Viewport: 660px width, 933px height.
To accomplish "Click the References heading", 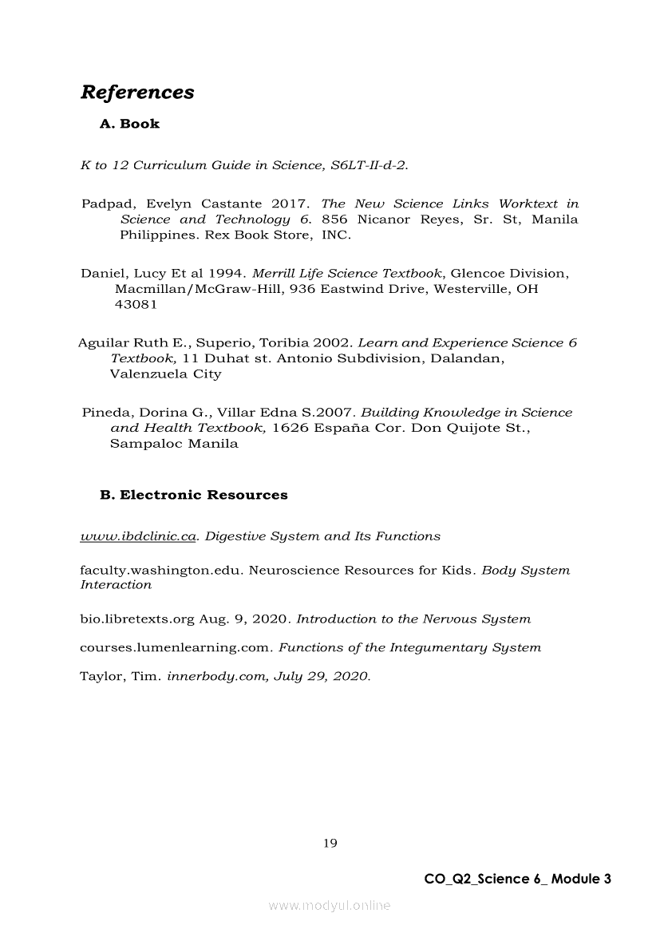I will [x=137, y=93].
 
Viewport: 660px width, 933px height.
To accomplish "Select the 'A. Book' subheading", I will [x=129, y=124].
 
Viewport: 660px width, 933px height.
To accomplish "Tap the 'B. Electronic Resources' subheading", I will [x=194, y=495].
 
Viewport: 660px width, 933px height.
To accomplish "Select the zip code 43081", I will [x=136, y=304].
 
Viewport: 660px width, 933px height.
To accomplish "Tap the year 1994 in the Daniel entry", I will [x=225, y=273].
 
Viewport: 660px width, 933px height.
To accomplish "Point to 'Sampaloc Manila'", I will [x=174, y=444].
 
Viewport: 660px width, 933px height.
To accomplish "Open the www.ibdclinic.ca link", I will [x=138, y=536].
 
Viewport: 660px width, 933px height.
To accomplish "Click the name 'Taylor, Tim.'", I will [x=120, y=677].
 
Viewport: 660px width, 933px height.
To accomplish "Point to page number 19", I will [x=330, y=843].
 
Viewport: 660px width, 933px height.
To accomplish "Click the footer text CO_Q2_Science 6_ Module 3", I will [x=517, y=879].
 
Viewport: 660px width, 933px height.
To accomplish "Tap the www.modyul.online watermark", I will [x=330, y=906].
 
